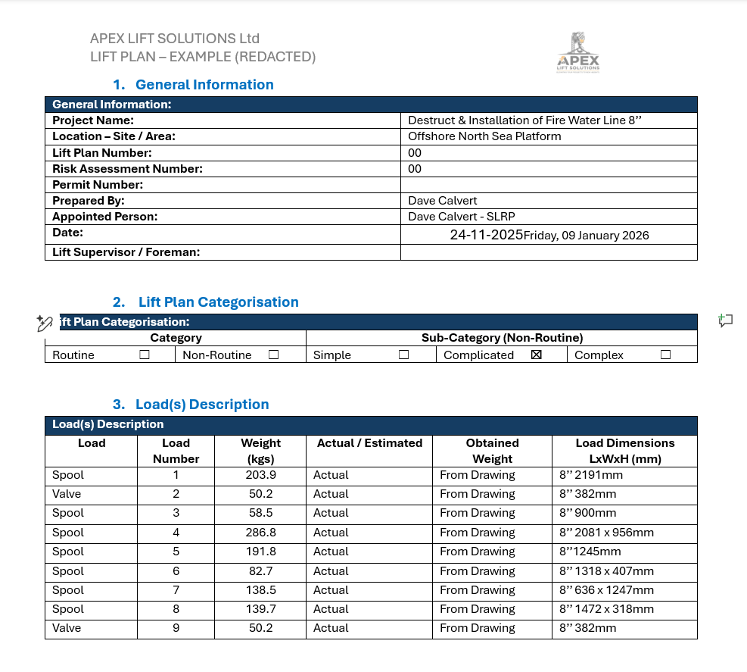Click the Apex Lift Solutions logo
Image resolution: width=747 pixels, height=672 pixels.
coord(578,53)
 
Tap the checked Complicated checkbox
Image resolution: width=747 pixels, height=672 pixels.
coord(537,355)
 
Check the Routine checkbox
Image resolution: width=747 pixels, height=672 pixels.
coord(145,355)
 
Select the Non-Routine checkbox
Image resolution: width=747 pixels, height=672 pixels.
coord(273,355)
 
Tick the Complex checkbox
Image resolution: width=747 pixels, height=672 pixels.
coord(665,355)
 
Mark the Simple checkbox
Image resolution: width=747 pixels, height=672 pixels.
coord(403,355)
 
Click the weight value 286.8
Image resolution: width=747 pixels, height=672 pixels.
coord(260,533)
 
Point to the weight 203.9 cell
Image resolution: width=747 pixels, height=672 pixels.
coord(260,475)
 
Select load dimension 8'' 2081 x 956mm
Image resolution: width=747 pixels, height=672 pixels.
coord(606,533)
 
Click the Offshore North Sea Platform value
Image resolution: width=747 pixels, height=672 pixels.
coord(484,136)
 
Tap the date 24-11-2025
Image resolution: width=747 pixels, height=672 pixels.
coord(486,235)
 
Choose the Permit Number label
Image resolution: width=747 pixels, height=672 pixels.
coord(98,185)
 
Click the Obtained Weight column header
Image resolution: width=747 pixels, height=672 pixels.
coord(492,451)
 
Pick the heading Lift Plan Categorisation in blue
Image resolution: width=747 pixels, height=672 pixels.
coord(218,302)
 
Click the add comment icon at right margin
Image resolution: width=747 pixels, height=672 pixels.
coord(725,320)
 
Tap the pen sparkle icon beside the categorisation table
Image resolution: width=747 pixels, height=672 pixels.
coord(45,323)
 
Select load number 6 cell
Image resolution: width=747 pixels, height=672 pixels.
coord(176,571)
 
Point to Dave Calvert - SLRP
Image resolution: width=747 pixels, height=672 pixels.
coord(461,217)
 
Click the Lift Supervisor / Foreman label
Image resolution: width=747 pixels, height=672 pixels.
coord(126,252)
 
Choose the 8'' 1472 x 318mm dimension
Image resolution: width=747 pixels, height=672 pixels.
coord(606,609)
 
